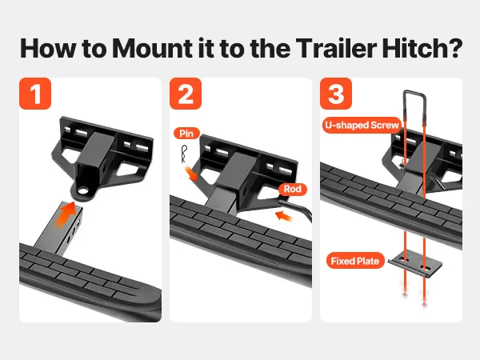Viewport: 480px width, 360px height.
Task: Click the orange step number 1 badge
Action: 35,94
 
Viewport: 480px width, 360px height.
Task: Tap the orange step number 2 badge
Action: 186,94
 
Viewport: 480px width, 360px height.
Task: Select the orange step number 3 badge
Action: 336,94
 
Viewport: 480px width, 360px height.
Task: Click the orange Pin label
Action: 186,134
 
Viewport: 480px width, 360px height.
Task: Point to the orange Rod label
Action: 292,189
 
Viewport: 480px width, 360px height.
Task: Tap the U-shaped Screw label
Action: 362,126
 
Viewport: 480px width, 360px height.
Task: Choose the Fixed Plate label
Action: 355,261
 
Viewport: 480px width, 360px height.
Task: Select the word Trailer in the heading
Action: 336,48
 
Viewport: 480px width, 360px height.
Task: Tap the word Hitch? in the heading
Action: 422,48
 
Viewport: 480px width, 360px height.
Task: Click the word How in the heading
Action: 48,48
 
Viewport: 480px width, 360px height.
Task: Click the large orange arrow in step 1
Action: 66,215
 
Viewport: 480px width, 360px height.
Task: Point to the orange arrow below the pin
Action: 190,173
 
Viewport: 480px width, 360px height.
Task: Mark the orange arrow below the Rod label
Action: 284,215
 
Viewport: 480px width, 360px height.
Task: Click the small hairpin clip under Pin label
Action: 184,154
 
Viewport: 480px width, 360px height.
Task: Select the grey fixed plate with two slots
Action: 415,263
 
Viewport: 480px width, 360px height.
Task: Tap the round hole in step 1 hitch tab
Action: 82,191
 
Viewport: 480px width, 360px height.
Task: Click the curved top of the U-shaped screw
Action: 414,92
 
